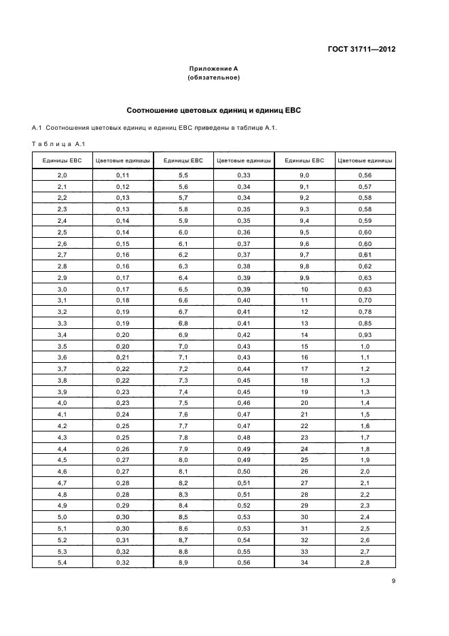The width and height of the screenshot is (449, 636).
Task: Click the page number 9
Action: tap(393, 580)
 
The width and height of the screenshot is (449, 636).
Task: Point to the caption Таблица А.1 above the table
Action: tap(58, 143)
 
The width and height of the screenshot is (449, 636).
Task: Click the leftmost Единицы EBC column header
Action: tap(62, 161)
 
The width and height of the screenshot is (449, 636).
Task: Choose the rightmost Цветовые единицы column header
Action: tap(365, 161)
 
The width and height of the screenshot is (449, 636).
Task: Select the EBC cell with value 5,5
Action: tap(183, 175)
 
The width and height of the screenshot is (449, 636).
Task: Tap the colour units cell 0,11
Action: tap(123, 175)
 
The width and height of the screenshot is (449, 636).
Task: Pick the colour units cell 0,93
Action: tap(365, 335)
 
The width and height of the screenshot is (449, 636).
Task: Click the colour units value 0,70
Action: tap(365, 300)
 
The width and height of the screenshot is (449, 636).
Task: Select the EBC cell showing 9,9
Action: tap(304, 278)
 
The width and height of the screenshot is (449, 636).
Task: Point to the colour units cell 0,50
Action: tap(244, 471)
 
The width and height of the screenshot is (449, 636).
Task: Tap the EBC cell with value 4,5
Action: tap(62, 460)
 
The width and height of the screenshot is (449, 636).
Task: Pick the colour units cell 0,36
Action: tap(244, 232)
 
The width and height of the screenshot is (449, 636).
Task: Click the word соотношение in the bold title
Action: tap(154, 109)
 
